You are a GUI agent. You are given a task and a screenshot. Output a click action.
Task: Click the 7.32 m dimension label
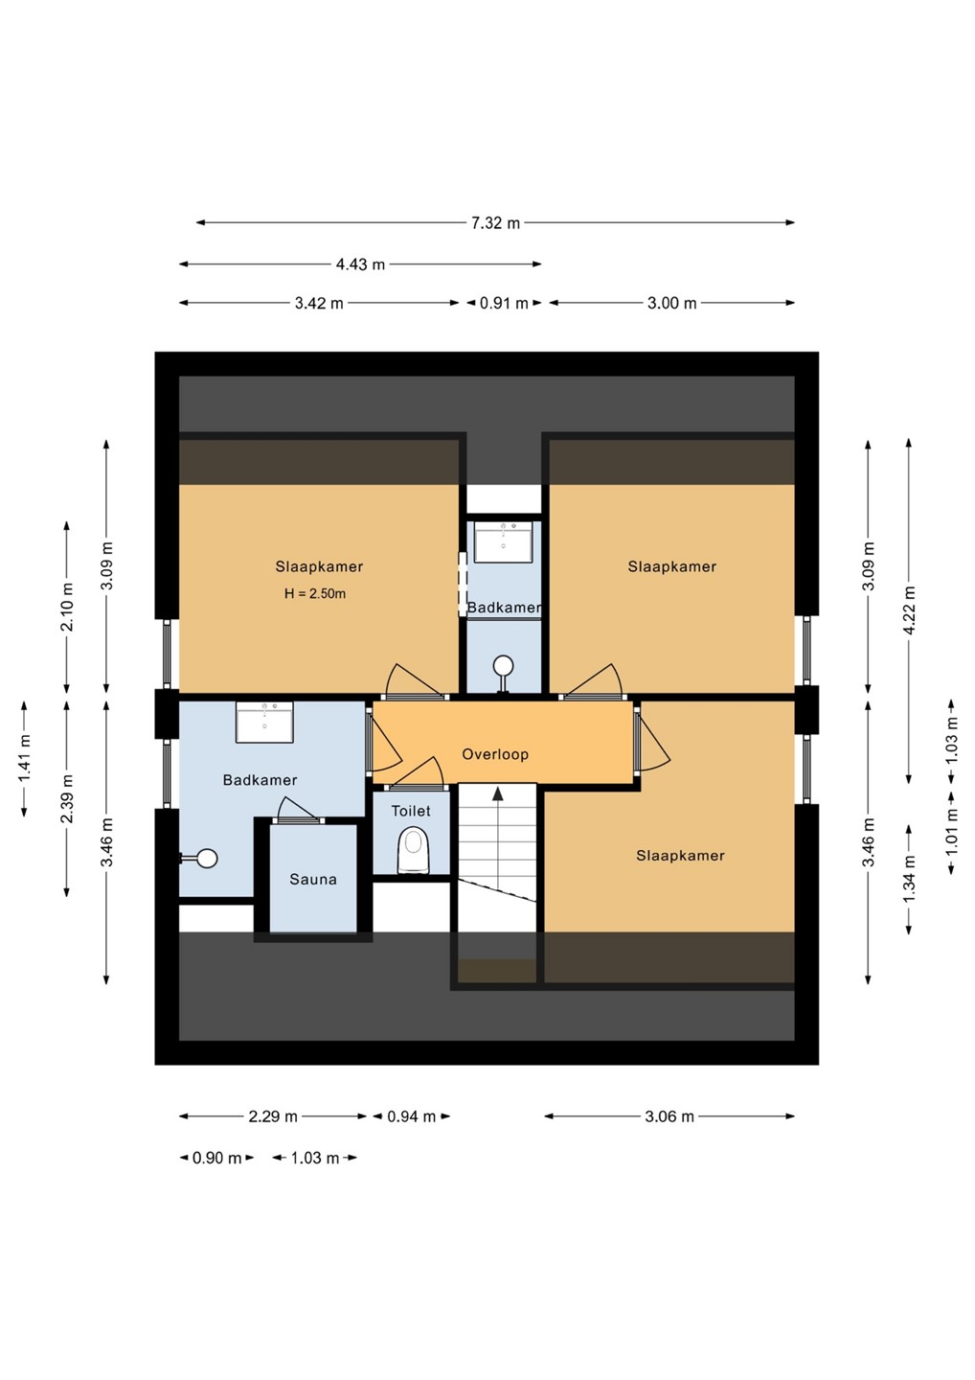point(495,223)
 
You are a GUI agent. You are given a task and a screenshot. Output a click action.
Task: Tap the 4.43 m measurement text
point(360,264)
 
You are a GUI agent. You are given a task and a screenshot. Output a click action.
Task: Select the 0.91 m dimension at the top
point(504,303)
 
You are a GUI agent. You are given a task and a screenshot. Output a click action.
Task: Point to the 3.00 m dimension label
point(671,303)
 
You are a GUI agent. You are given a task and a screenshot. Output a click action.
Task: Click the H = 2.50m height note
point(314,594)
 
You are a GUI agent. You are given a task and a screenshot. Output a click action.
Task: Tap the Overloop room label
point(495,754)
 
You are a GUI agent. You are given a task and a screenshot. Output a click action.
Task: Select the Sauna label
point(313,879)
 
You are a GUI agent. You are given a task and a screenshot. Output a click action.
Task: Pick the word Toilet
point(411,811)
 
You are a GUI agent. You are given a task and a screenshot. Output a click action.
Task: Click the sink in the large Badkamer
point(264,722)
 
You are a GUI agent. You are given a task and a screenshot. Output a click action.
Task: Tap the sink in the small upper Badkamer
point(504,541)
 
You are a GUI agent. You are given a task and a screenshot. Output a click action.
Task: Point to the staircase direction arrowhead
point(497,793)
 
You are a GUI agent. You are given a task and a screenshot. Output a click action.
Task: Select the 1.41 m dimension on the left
point(25,759)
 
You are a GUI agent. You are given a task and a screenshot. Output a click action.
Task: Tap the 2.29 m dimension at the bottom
point(273,1116)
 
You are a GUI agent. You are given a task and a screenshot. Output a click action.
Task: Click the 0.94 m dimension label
point(411,1116)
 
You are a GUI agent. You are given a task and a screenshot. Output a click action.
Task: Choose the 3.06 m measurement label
point(669,1116)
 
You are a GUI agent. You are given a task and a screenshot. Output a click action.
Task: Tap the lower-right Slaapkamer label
point(680,856)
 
